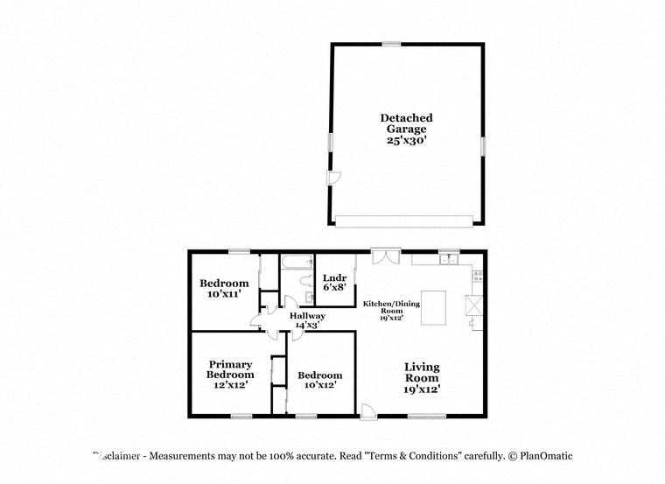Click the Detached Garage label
(406, 129)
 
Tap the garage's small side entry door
(332, 179)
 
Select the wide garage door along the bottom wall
(406, 220)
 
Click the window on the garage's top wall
(391, 44)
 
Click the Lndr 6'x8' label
(334, 282)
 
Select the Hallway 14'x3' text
(308, 320)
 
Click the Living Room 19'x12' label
(421, 378)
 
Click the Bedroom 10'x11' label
(224, 289)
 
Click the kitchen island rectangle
(440, 307)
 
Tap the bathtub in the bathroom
(295, 260)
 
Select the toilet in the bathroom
(303, 281)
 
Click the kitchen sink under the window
(449, 259)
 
